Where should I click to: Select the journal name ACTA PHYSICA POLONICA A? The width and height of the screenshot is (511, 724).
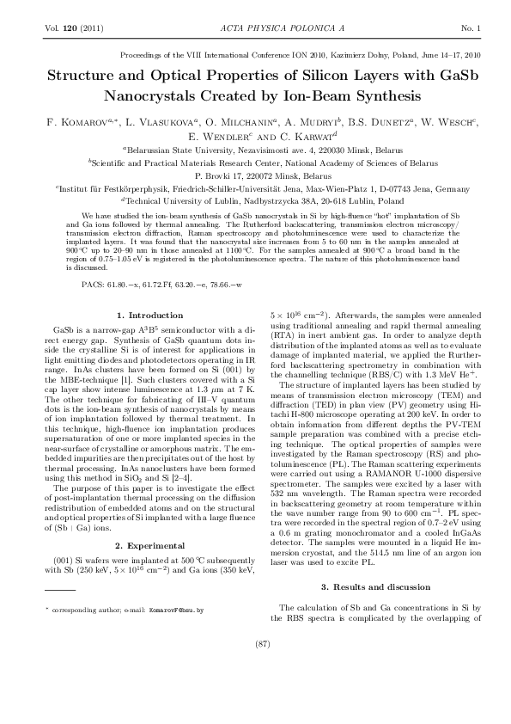256,28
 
